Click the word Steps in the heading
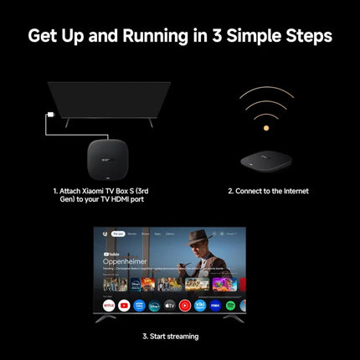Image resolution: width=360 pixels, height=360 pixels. (x=305, y=36)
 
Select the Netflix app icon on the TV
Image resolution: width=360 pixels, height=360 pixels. (x=109, y=306)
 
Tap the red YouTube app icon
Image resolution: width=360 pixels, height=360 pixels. (x=124, y=306)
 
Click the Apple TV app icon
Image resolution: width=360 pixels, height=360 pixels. (x=170, y=306)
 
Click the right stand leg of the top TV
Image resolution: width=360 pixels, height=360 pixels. (x=151, y=122)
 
